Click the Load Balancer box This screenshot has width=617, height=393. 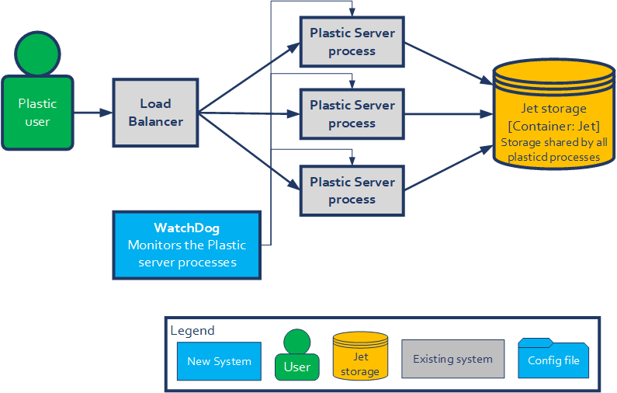coord(155,113)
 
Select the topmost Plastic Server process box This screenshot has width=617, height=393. coord(352,42)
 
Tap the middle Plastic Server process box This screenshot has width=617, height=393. coord(352,114)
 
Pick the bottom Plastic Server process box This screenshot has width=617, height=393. coord(352,190)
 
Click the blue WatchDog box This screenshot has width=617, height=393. coord(186,245)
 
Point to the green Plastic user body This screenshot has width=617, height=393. coord(37,113)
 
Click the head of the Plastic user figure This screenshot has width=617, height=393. coord(37,51)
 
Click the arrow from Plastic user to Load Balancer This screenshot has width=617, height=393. coord(93,113)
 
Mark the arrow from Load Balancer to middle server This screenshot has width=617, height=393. coord(248,113)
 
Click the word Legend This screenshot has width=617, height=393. coord(192,331)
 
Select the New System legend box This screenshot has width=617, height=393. coord(219,361)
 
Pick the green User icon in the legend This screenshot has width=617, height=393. coord(296,357)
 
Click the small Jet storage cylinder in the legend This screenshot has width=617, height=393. coord(360,356)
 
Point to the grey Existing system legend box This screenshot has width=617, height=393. coord(452,360)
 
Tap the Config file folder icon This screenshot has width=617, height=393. coord(553,358)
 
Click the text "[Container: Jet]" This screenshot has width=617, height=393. coord(553,126)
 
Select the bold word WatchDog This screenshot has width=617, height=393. coord(186,228)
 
